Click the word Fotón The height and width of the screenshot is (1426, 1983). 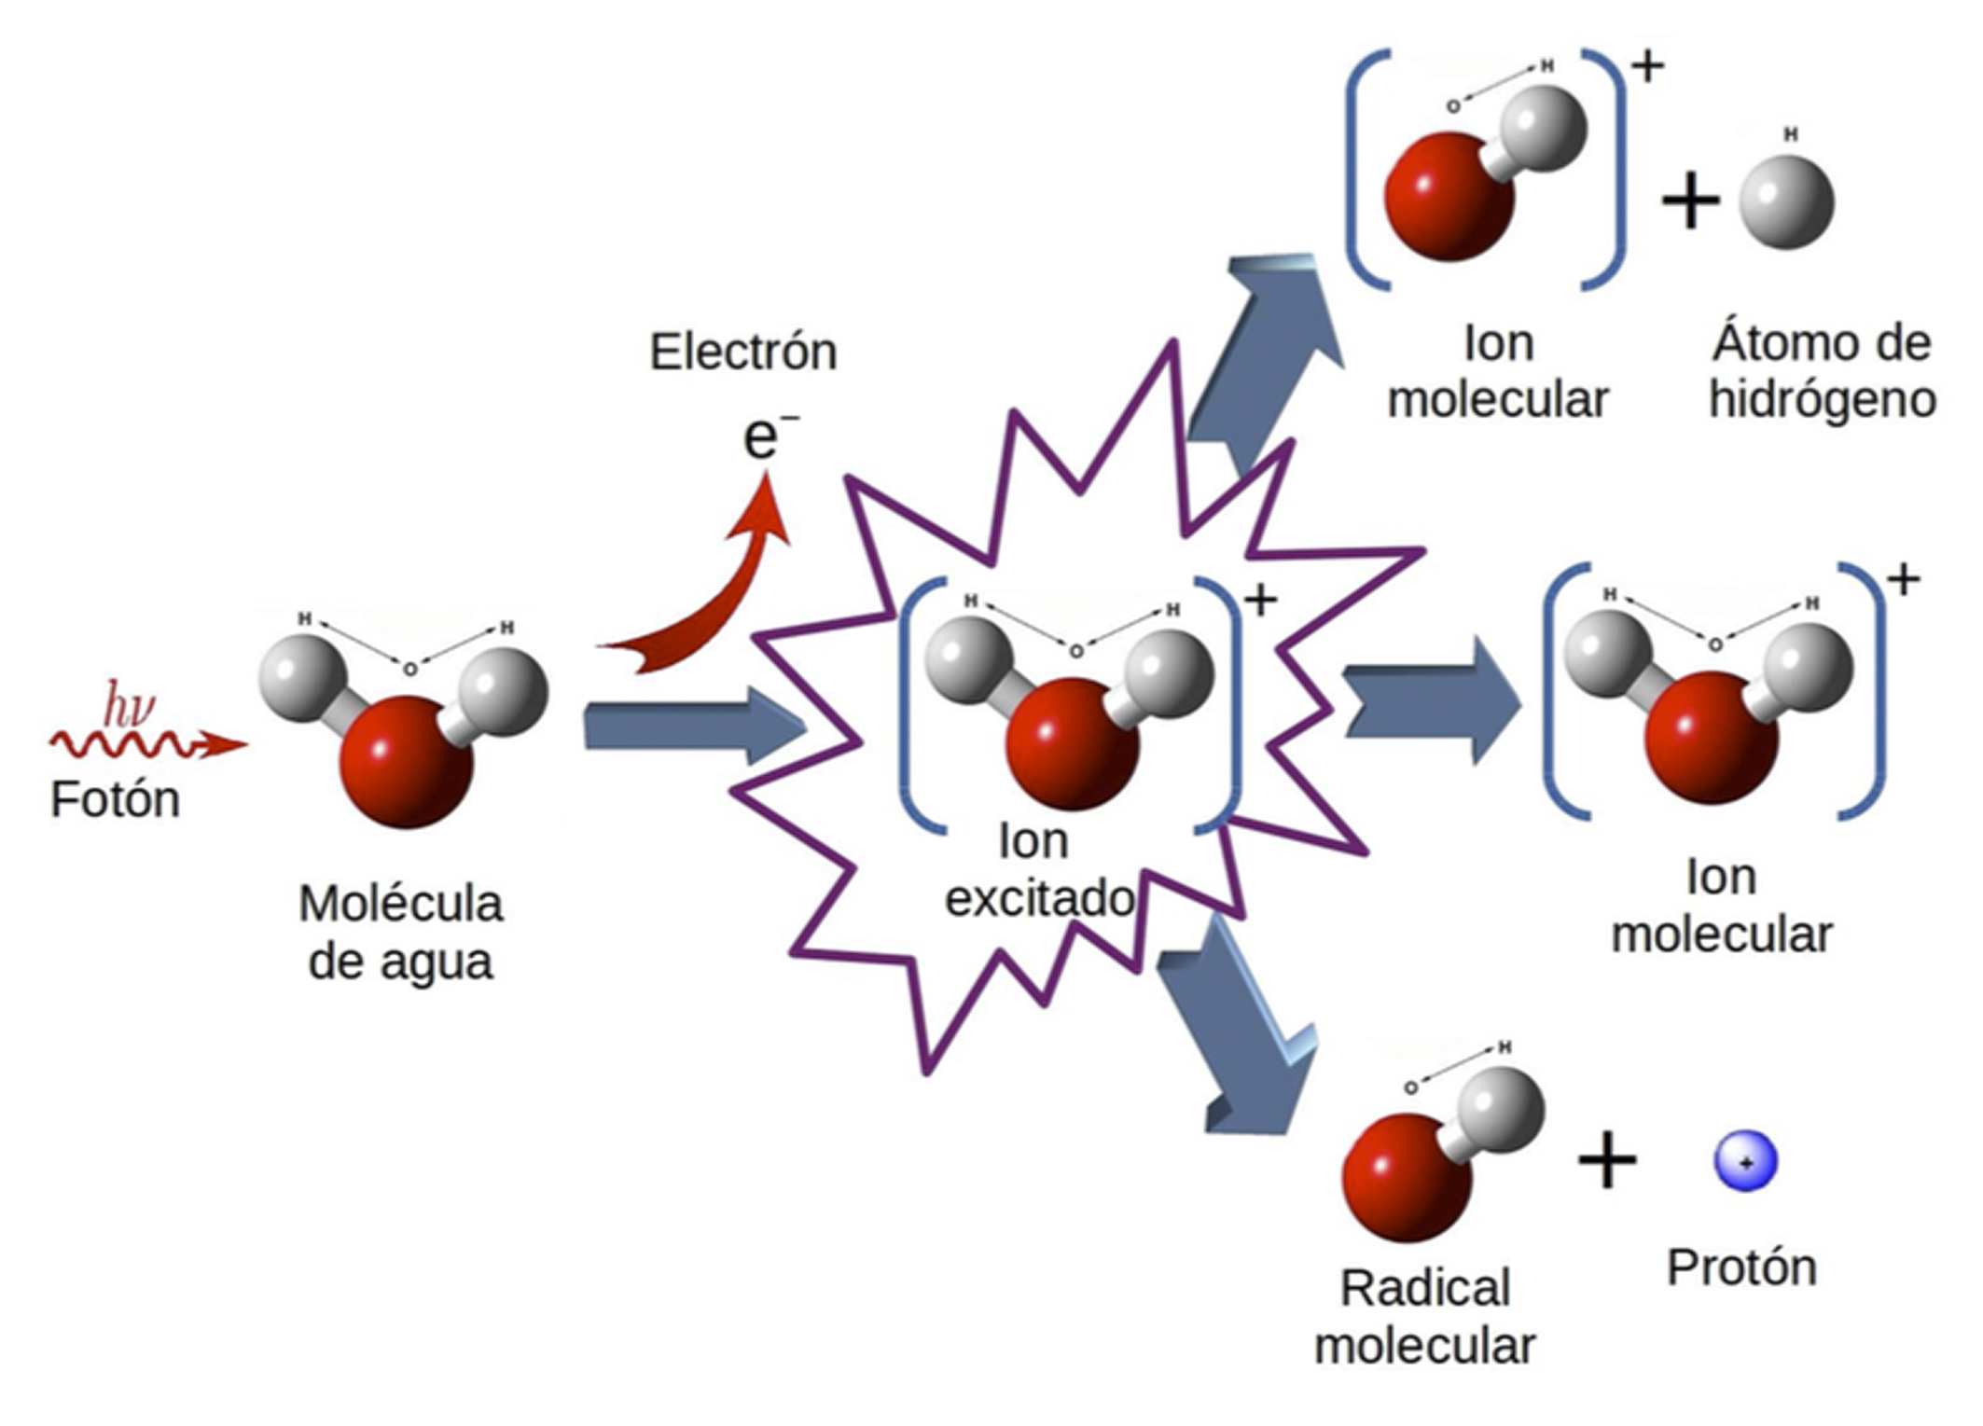[x=115, y=801]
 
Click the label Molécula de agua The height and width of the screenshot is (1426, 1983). [x=401, y=933]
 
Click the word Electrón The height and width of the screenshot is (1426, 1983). [x=742, y=353]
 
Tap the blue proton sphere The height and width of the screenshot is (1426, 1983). [x=1746, y=1162]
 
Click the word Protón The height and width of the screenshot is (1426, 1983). [x=1741, y=1268]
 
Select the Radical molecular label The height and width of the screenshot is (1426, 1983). [x=1424, y=1317]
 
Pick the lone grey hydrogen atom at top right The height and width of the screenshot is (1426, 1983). [x=1786, y=202]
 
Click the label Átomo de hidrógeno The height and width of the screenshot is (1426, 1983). [x=1822, y=371]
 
